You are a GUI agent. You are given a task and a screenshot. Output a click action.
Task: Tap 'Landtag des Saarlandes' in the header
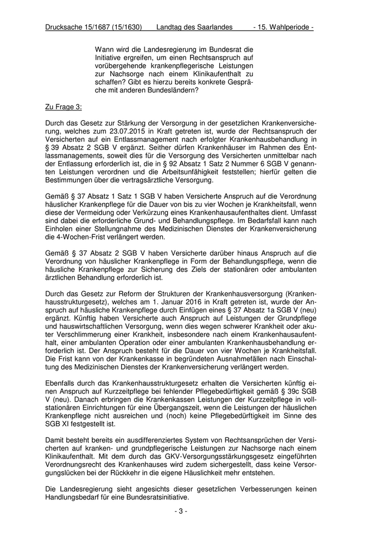pyautogui.click(x=194, y=27)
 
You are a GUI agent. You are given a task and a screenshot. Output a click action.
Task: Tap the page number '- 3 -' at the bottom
pyautogui.click(x=181, y=511)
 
